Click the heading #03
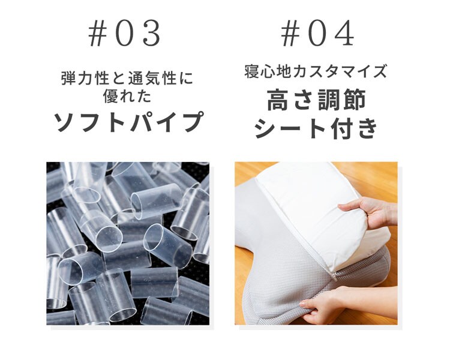tap(125, 35)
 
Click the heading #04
tap(318, 35)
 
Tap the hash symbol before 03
tap(96, 35)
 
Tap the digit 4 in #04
tap(344, 35)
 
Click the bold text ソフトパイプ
tap(128, 122)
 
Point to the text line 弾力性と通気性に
tap(128, 79)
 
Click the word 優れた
tap(128, 95)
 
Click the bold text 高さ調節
tap(316, 100)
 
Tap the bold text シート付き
tap(316, 128)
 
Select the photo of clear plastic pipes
tap(128, 243)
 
